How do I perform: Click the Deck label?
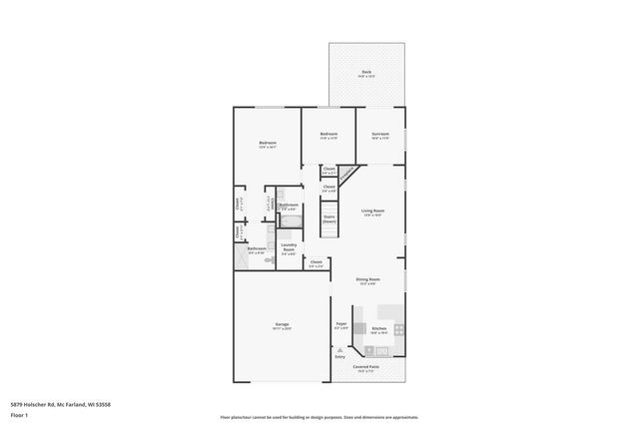point(366,72)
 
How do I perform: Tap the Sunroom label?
point(380,134)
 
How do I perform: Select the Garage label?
point(282,325)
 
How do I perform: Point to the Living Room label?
point(373,211)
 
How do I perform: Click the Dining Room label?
point(367,279)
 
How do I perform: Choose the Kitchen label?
point(379,328)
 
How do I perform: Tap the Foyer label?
point(340,323)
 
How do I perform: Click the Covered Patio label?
point(366,366)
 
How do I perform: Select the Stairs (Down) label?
point(328,218)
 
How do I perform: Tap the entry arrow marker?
point(340,349)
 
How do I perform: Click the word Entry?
point(340,357)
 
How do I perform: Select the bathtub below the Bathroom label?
point(289,214)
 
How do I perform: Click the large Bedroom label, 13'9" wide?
point(268,143)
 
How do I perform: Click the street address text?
point(60,403)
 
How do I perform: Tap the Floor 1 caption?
point(19,413)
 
